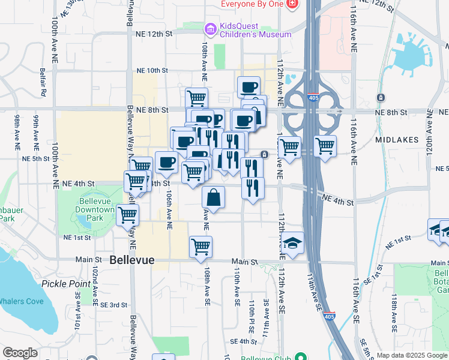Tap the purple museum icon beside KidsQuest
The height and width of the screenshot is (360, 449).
click(209, 29)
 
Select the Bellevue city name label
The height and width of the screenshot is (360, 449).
click(132, 260)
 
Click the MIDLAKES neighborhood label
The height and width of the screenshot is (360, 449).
click(396, 139)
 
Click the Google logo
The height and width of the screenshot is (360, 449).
click(20, 353)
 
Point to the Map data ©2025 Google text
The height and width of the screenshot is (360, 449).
click(412, 355)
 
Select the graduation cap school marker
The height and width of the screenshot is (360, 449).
click(292, 243)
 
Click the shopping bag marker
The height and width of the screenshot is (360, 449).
click(214, 196)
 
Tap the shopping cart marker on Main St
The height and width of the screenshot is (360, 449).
click(200, 246)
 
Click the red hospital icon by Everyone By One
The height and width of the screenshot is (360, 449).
click(292, 4)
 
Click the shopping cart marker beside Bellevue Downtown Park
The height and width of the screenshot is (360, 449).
click(127, 214)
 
